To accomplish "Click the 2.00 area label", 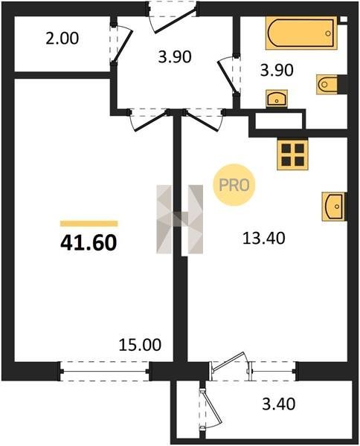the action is click(62, 39).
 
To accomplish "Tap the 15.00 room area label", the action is click(140, 345).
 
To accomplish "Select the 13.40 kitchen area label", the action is click(264, 238).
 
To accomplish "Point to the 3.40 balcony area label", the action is click(279, 404).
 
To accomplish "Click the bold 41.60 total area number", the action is click(89, 243).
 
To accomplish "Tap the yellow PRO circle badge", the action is click(234, 185).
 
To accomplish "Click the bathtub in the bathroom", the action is click(301, 33).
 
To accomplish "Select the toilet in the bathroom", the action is click(327, 84).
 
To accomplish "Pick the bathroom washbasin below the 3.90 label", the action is click(277, 98).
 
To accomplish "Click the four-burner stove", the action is click(292, 155).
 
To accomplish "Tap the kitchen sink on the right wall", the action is click(333, 207).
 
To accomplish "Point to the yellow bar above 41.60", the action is click(89, 224).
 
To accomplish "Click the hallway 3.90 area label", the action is click(175, 56).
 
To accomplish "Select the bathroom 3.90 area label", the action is click(277, 70).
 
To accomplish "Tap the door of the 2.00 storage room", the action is click(123, 44).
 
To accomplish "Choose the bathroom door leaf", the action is click(228, 77).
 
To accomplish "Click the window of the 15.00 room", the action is click(104, 371).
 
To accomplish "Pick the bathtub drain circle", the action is click(328, 33).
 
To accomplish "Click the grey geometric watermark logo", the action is click(179, 219).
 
